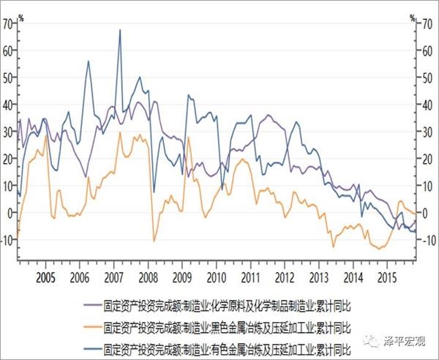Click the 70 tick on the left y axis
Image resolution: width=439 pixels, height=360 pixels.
point(8,23)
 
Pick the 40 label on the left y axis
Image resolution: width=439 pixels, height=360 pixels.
point(8,105)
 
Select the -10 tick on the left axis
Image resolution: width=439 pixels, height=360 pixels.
point(7,240)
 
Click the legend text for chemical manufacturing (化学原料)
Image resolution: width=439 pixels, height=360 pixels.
point(228,301)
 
